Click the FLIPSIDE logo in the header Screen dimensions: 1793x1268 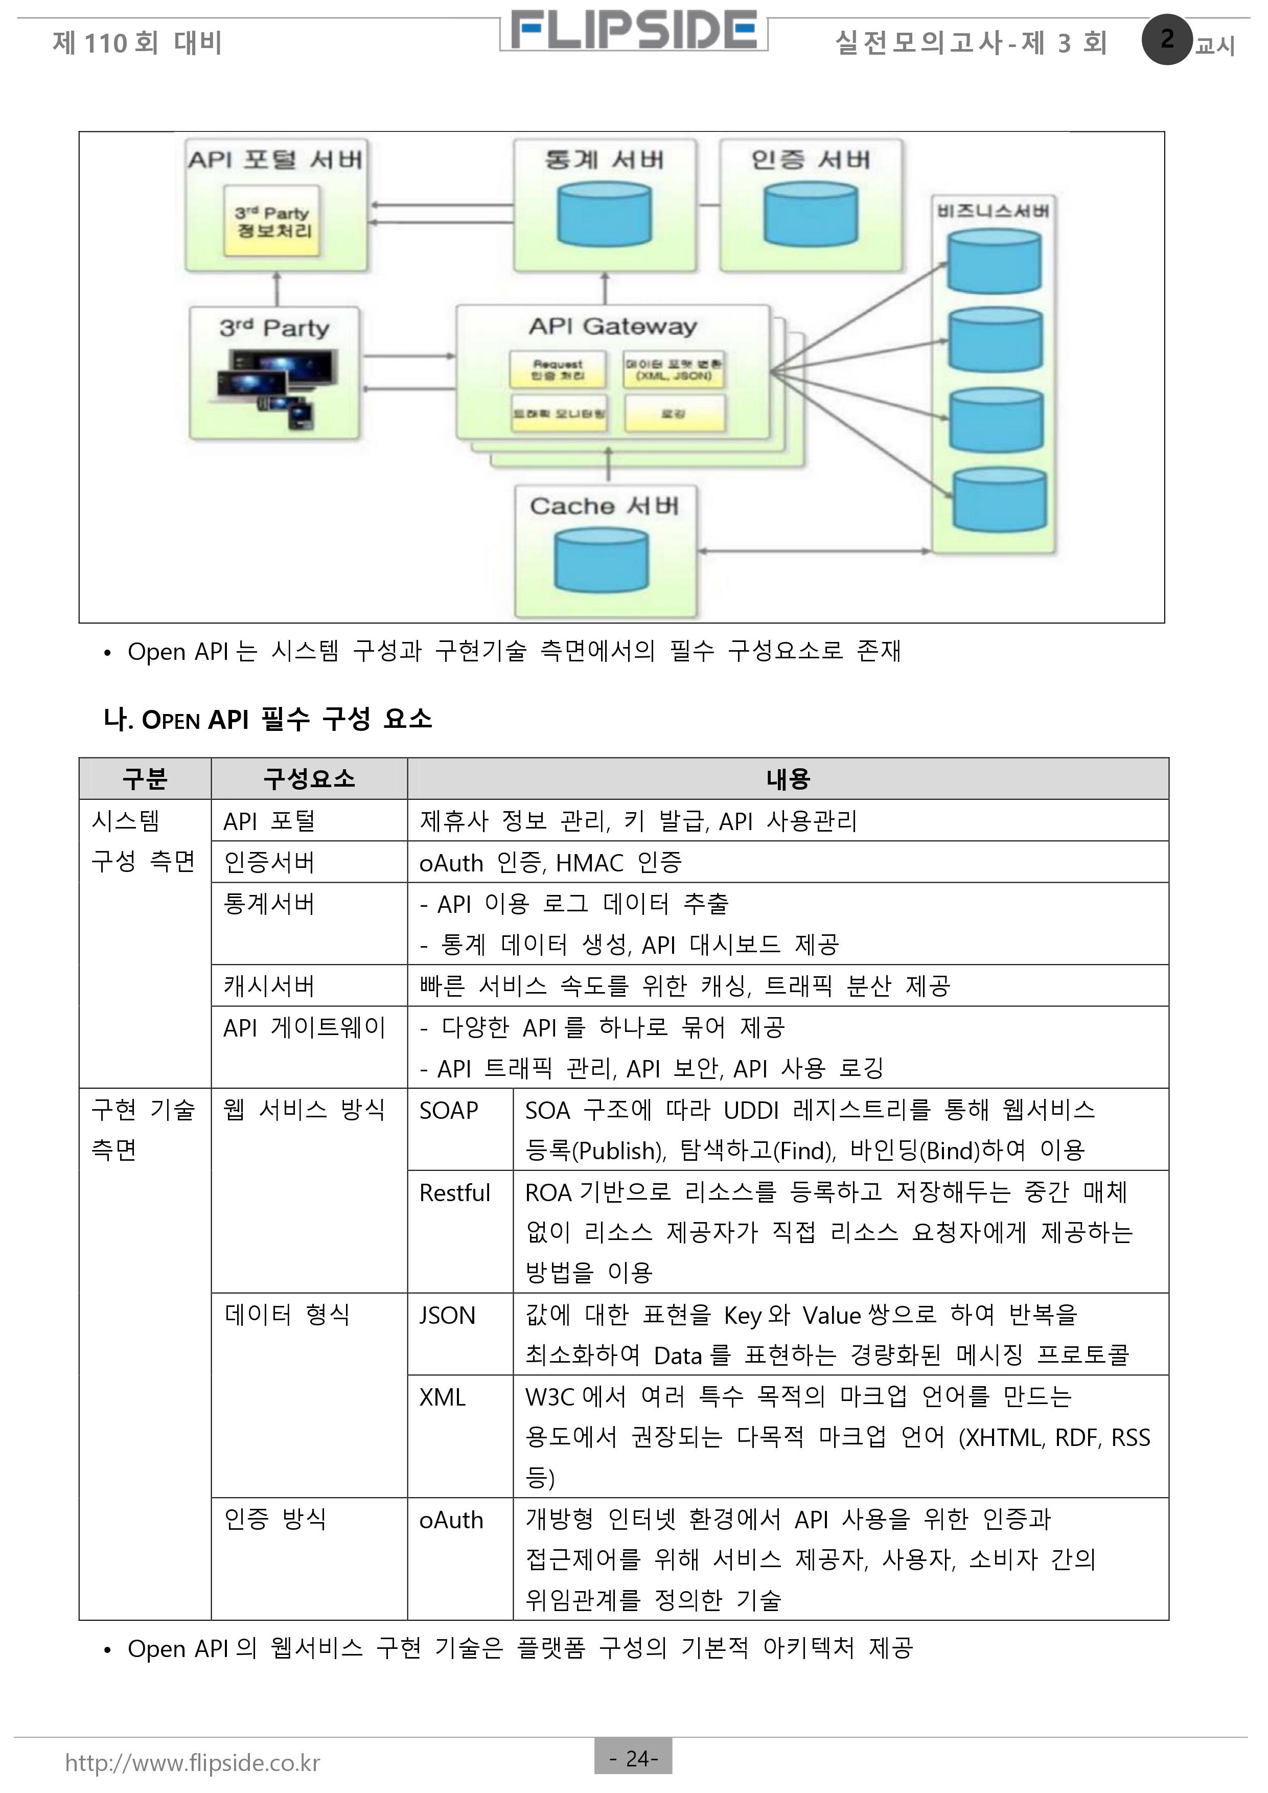(633, 31)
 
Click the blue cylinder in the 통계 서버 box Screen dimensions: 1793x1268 (604, 215)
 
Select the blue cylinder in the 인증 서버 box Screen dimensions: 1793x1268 (811, 215)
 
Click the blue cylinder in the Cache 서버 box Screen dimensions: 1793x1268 (601, 560)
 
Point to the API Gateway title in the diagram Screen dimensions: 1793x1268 (612, 327)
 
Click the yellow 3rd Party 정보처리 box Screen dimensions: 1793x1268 (272, 222)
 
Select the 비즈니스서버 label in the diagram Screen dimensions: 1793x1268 (993, 211)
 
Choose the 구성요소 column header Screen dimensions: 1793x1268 (309, 778)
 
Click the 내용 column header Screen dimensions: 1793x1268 (787, 778)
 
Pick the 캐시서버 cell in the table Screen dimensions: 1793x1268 (269, 985)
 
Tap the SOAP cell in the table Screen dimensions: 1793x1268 (449, 1111)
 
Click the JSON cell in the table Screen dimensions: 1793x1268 (447, 1315)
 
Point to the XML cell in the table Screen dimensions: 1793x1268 (442, 1397)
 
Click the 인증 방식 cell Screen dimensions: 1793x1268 (275, 1519)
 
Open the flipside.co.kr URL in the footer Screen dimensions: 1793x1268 (192, 1762)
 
